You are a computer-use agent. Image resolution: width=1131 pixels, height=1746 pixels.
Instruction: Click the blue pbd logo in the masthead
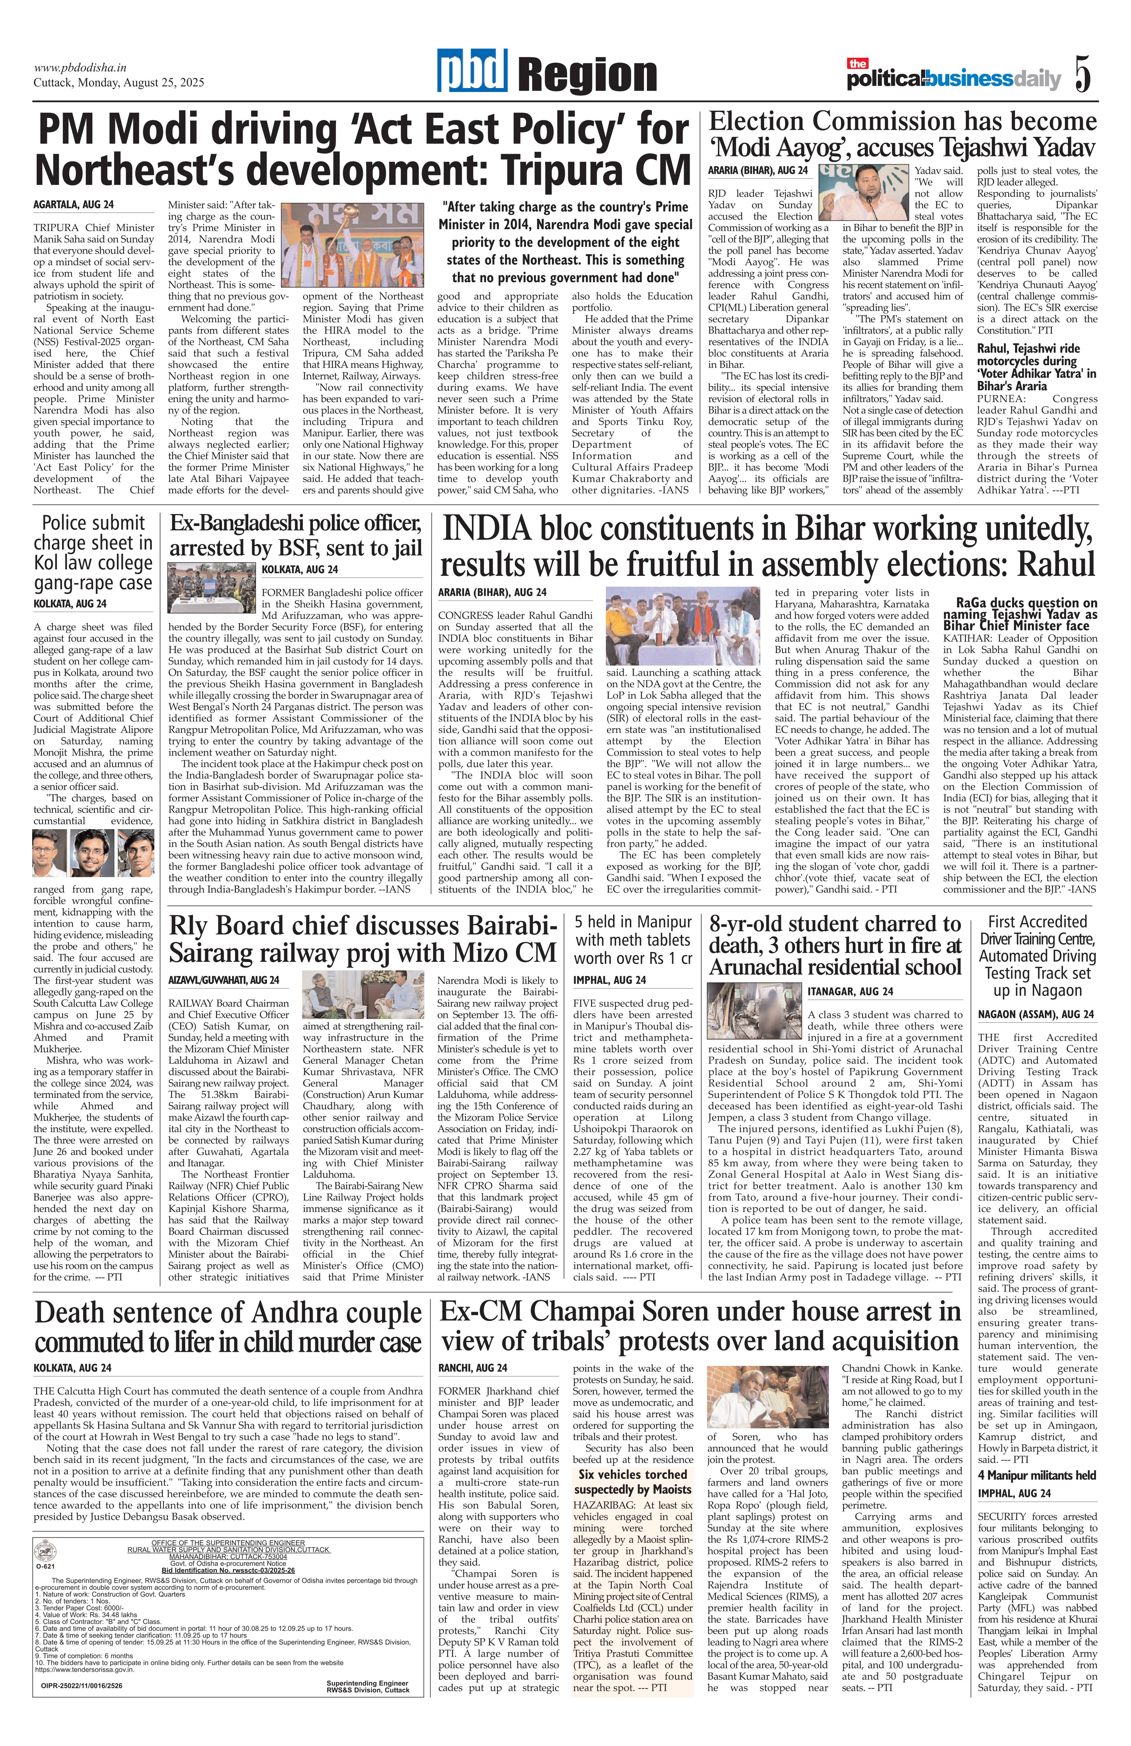click(x=473, y=72)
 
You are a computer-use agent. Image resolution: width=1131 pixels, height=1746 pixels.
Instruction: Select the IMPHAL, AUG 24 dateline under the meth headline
click(x=610, y=980)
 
